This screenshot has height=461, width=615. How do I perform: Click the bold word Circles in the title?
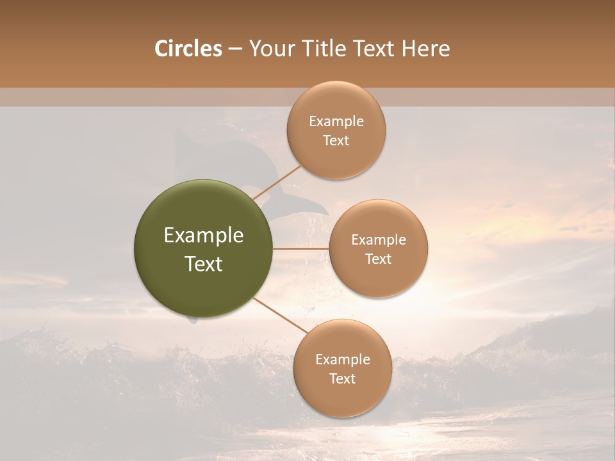[x=188, y=49]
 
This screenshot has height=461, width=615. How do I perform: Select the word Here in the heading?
[x=425, y=49]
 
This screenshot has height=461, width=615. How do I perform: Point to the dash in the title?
[x=235, y=49]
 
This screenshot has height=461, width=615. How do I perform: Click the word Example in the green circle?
[x=204, y=236]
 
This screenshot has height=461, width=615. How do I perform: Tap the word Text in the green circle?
[x=204, y=264]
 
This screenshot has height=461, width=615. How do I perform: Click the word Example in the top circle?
[x=336, y=122]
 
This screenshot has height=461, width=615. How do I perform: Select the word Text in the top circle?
[x=336, y=141]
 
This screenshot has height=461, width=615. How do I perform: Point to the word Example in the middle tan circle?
[x=379, y=240]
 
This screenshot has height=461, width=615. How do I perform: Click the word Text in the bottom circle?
[x=342, y=378]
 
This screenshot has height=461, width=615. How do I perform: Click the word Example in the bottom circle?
[x=343, y=359]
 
